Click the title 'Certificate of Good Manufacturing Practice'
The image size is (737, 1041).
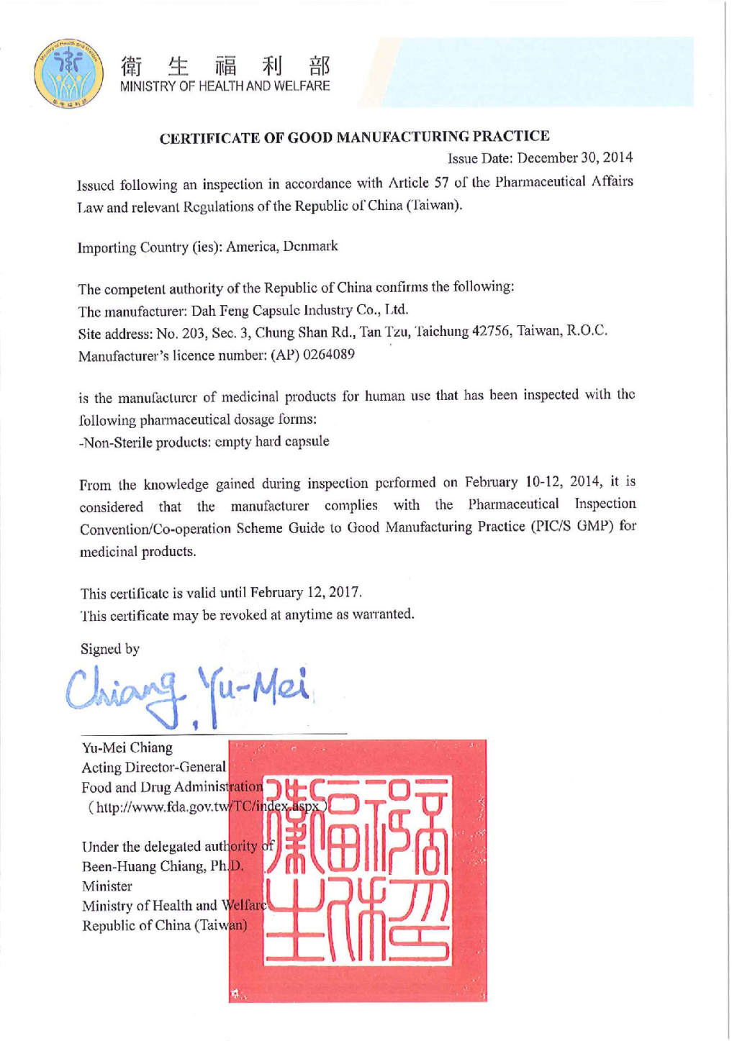pos(354,137)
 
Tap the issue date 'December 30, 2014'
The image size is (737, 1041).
pos(575,158)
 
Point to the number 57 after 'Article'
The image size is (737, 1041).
pos(441,183)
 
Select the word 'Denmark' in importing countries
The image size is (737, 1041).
pos(310,246)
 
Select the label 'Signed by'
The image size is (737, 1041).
pos(110,649)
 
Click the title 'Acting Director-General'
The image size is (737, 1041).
pos(153,768)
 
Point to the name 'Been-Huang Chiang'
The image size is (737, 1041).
pos(143,866)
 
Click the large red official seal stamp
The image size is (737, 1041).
pos(358,870)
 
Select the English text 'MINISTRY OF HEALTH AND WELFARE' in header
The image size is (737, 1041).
pos(225,86)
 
